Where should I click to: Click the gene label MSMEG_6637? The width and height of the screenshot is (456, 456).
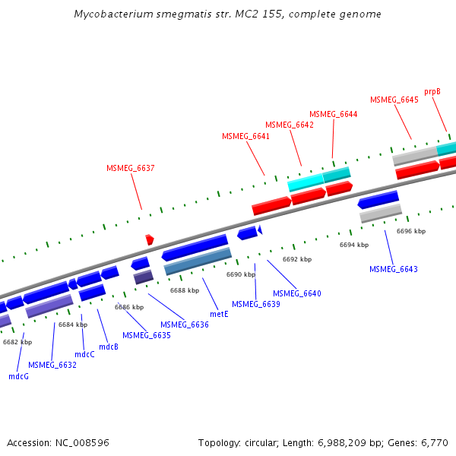tap(131, 169)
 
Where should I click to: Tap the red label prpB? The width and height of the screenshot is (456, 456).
tap(432, 91)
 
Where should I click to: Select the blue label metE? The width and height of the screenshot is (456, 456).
tap(219, 312)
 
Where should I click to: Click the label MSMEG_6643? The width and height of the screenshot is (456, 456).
tap(393, 269)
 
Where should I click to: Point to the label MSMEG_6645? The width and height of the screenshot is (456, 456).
tap(394, 100)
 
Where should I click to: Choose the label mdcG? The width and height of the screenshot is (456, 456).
tap(18, 376)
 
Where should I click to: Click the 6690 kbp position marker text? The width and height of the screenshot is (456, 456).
tap(241, 274)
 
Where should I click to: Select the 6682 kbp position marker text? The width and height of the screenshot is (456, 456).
tap(17, 342)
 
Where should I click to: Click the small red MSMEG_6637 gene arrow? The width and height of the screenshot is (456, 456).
tap(150, 239)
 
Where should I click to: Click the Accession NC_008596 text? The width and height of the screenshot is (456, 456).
tap(58, 442)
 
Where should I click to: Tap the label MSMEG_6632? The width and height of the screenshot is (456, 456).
tap(52, 365)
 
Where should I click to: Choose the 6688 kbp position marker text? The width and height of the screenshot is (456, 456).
tap(185, 290)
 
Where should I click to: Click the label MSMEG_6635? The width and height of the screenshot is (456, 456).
tap(146, 335)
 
